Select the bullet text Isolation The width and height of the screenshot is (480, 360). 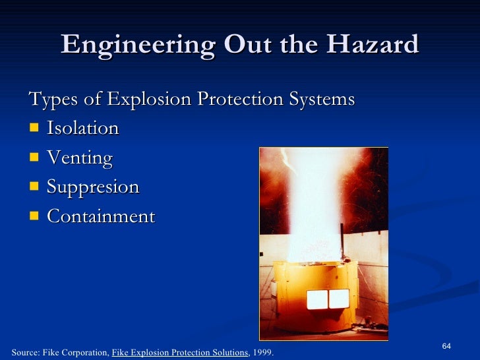pos(82,128)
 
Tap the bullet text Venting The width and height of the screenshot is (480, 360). pos(79,158)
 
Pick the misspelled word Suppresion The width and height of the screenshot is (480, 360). pos(93,187)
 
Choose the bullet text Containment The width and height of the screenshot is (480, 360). pos(101,216)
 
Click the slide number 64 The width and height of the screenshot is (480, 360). pos(446,347)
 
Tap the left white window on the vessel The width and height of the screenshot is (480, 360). pos(317,299)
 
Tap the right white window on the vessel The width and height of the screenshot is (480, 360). pos(339,299)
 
